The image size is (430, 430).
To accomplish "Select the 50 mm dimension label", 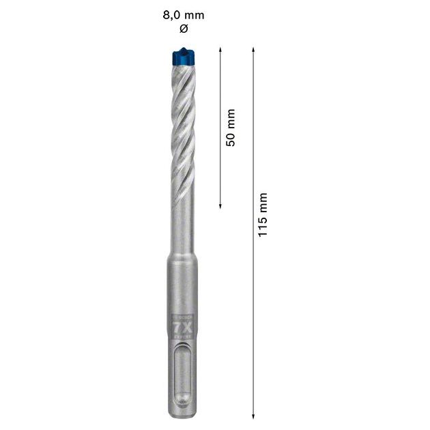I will [231, 127].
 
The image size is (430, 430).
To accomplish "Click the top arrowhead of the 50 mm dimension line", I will [220, 50].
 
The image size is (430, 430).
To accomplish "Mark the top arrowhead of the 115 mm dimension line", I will [254, 50].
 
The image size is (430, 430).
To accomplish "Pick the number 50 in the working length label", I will [231, 137].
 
